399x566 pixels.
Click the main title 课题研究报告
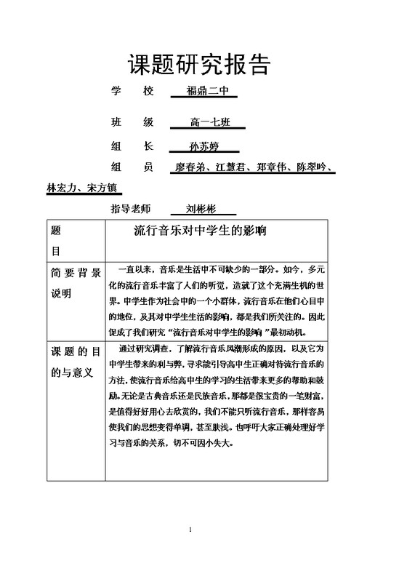199,65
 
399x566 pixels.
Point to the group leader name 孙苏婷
203,146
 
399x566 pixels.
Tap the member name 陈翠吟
311,168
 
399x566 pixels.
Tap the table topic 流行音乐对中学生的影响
200,232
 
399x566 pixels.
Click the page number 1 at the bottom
190,530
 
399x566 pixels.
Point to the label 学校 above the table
132,92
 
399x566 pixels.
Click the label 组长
132,146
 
